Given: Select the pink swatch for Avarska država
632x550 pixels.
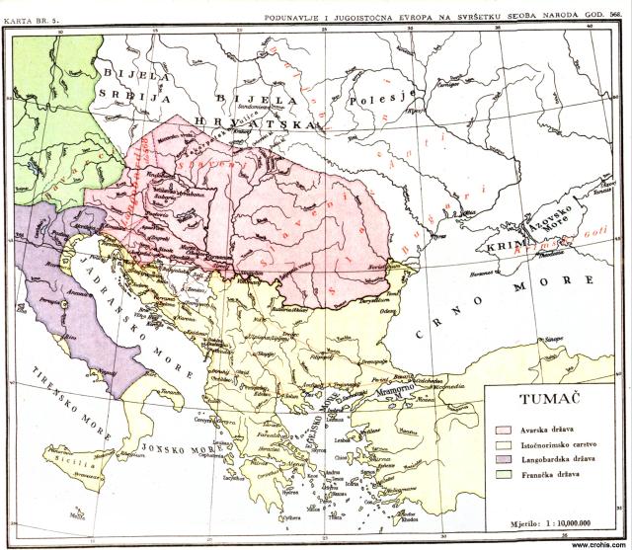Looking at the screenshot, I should [503, 431].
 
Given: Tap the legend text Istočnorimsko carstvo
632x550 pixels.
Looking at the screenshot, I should [557, 447].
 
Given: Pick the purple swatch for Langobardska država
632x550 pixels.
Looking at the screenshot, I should [503, 464].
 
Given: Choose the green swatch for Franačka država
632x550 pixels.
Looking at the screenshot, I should [503, 481].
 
